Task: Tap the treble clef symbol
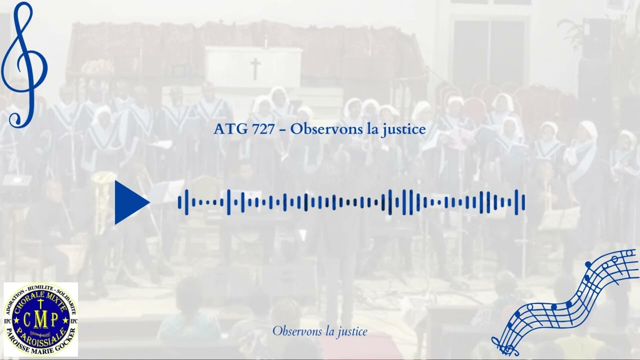coord(24,65)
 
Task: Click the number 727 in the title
coord(263,129)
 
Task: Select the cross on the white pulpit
coord(255,68)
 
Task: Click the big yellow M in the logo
coord(40,319)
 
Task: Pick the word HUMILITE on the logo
coord(41,288)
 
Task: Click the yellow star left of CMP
coord(16,320)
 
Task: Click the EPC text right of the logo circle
coord(73,320)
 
